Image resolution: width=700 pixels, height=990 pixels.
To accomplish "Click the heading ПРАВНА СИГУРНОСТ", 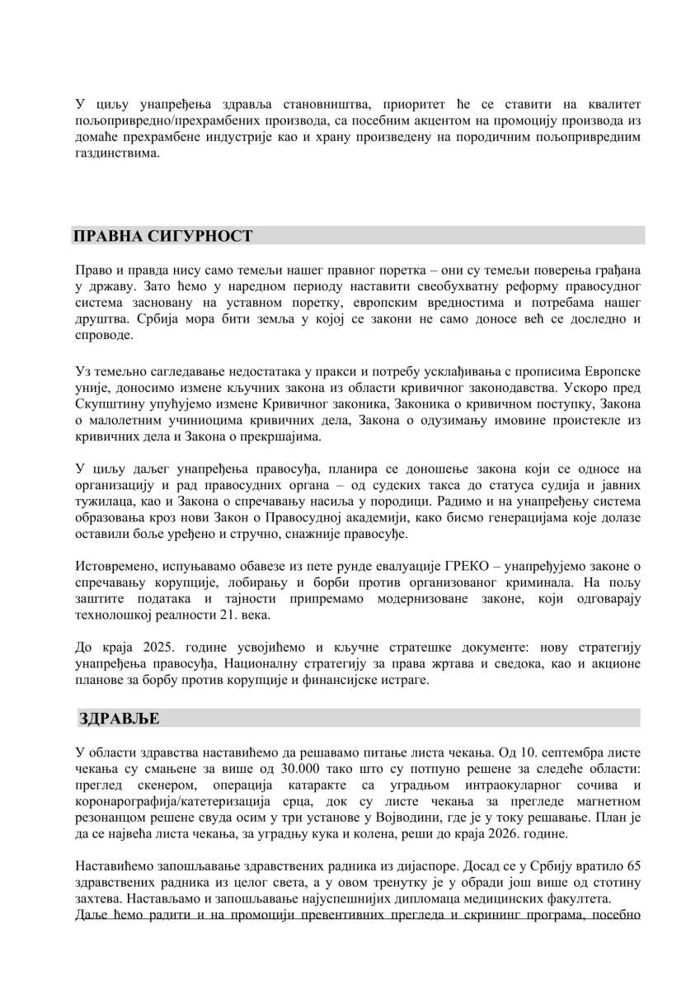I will point(163,236).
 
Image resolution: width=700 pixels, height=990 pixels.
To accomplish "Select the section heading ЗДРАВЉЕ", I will point(120,719).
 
